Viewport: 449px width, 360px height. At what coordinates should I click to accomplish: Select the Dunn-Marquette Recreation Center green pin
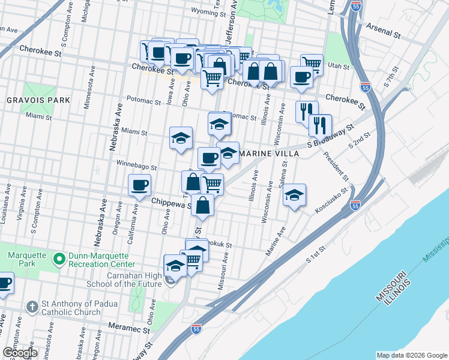[x=59, y=259]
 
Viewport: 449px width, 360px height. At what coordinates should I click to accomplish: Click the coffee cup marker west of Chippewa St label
[x=140, y=185]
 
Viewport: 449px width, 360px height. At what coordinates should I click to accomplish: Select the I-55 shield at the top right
[x=356, y=6]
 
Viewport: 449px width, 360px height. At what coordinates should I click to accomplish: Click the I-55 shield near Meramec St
[x=196, y=328]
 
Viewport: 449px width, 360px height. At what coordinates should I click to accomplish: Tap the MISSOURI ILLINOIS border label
[x=393, y=291]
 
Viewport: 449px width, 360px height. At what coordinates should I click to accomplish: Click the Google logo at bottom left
[x=20, y=352]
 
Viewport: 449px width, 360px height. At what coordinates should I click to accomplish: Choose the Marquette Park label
[x=27, y=259]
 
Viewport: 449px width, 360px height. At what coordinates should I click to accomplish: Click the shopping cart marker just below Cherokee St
[x=211, y=77]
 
